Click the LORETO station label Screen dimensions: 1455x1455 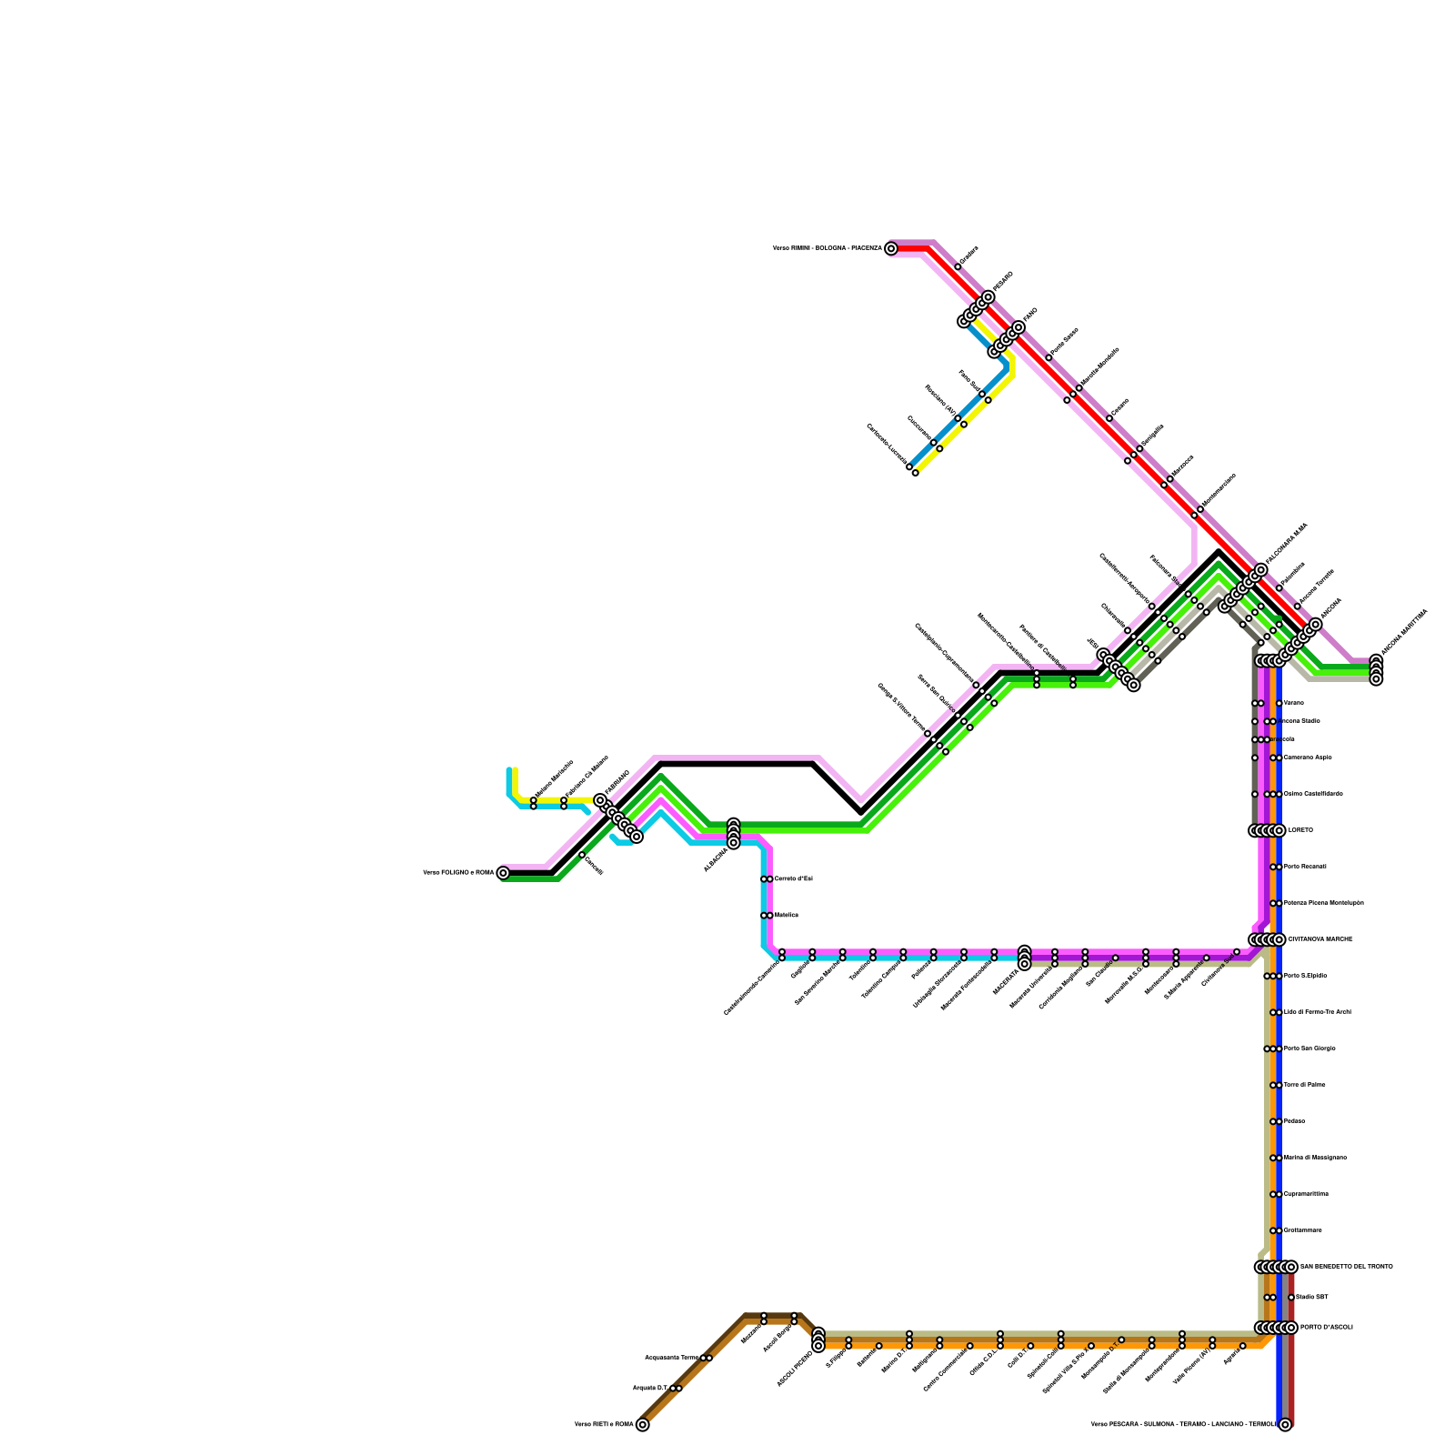1300,830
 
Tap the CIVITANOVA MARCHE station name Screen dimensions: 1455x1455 1320,939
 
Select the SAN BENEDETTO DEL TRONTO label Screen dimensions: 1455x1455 1346,1267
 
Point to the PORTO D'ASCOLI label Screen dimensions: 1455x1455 1327,1328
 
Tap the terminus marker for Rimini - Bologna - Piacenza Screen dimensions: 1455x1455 891,248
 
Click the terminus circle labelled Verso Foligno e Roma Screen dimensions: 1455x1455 503,873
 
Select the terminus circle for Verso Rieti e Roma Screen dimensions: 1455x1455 643,1425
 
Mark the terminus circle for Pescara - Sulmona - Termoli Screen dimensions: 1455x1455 1285,1425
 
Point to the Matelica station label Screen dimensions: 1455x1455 787,915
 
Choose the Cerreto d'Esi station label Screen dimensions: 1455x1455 793,878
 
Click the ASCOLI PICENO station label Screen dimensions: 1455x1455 794,1370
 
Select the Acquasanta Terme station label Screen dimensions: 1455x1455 673,1358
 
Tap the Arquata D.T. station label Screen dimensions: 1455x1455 650,1389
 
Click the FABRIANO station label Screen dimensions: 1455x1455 617,783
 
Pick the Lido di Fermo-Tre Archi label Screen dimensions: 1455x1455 1317,1012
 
